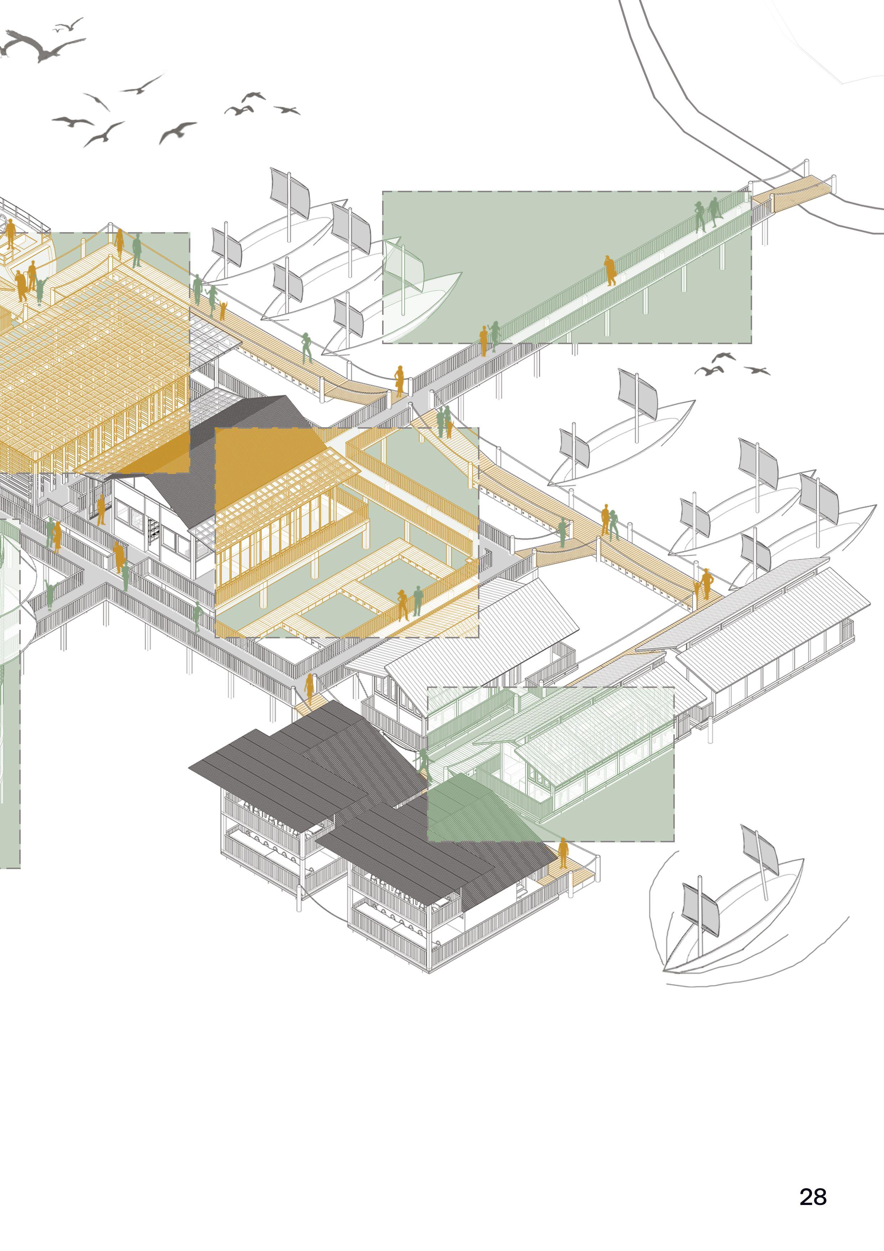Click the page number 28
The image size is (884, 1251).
click(813, 1196)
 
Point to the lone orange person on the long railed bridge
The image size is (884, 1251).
click(610, 270)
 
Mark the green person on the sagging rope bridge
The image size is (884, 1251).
click(562, 532)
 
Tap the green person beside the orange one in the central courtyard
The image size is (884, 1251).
click(418, 601)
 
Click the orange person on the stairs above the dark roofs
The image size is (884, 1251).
click(309, 688)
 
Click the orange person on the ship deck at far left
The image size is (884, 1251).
click(10, 233)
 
